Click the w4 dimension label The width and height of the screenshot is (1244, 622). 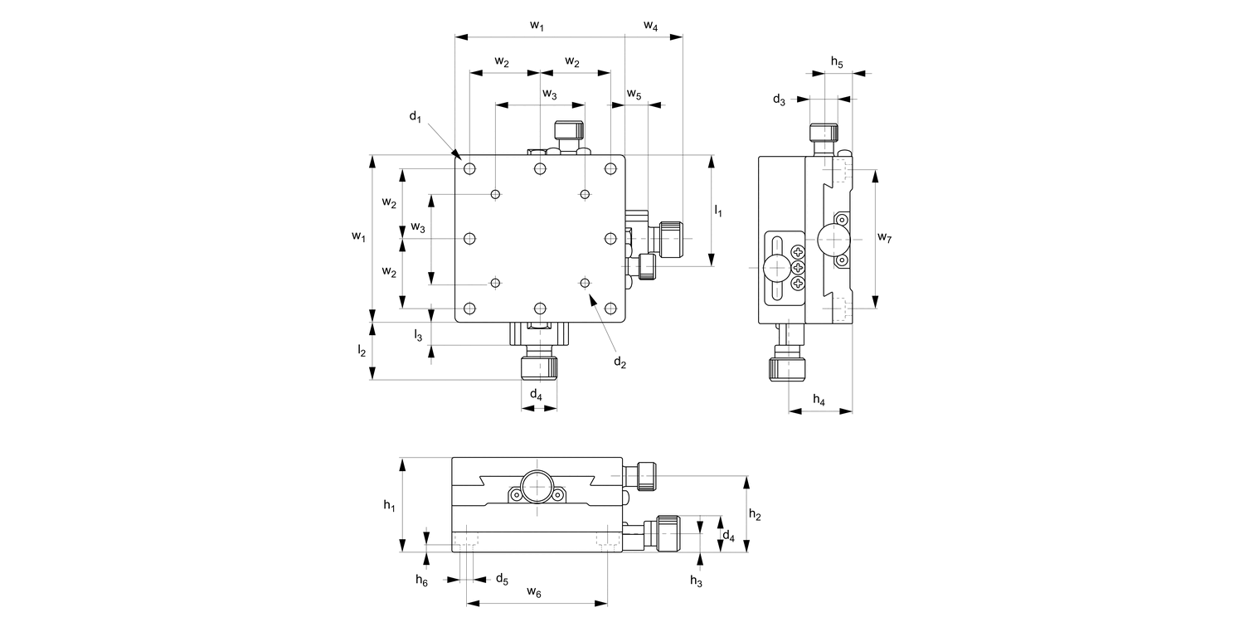click(x=651, y=27)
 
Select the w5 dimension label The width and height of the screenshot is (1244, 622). click(x=634, y=95)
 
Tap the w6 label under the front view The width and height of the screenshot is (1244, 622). click(x=535, y=593)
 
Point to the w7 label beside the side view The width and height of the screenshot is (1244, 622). click(x=884, y=239)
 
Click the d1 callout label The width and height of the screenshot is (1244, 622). click(x=415, y=117)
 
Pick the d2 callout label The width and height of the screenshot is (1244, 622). click(x=620, y=362)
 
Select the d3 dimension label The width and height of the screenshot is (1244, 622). click(x=779, y=100)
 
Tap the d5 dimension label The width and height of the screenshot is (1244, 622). click(x=502, y=578)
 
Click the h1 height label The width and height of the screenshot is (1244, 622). click(x=388, y=504)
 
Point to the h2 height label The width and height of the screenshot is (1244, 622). click(x=755, y=515)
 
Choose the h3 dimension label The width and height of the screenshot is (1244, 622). click(x=696, y=581)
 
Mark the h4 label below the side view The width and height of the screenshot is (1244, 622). click(x=819, y=401)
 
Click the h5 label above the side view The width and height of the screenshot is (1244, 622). click(x=837, y=63)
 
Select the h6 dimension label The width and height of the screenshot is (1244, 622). click(x=422, y=580)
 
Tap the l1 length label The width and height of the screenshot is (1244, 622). click(x=718, y=211)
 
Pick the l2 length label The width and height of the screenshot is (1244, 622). click(x=362, y=351)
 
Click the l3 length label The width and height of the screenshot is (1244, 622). click(x=419, y=335)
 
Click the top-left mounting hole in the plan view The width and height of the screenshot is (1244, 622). click(x=470, y=169)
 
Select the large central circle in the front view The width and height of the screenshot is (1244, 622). click(x=537, y=485)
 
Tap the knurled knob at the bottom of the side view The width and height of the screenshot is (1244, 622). click(x=785, y=368)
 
